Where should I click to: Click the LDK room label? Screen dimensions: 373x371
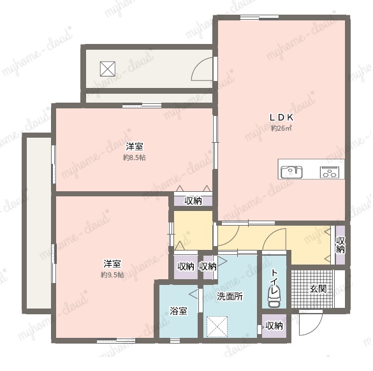point(281,117)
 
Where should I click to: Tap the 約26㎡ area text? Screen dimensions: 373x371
point(281,128)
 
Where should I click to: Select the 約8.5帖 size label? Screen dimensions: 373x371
point(134,157)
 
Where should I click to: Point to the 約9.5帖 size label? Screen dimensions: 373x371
point(112,275)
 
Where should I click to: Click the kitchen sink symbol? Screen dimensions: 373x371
point(291,171)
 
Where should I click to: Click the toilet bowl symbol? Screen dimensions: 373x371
point(274,297)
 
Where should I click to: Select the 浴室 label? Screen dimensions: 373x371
point(178,311)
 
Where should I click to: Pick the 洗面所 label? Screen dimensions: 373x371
point(230,296)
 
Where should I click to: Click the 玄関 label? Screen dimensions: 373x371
point(318,289)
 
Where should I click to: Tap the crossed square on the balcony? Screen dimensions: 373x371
point(108,69)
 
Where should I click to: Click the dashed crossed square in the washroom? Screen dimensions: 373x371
point(217,326)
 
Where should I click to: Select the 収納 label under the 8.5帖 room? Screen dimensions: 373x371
point(193,201)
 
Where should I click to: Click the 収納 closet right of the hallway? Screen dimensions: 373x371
point(340,245)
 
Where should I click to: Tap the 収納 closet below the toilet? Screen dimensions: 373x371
point(274,326)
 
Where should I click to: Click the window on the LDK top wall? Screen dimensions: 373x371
point(260,17)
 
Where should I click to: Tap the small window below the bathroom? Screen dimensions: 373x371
point(175,341)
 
